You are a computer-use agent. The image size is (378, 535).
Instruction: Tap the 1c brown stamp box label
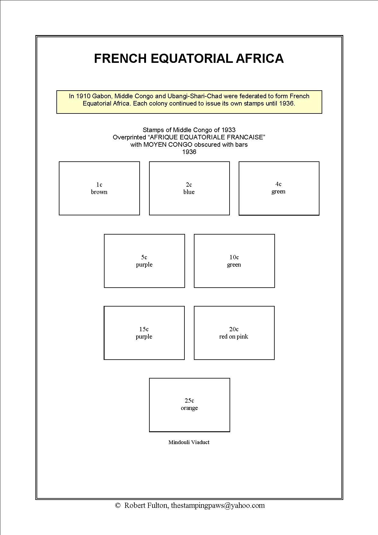pyautogui.click(x=99, y=188)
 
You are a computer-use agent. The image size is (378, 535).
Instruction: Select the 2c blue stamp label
pyautogui.click(x=189, y=188)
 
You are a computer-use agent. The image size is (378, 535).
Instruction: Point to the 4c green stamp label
pyautogui.click(x=278, y=188)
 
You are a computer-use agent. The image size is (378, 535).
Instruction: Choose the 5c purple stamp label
pyautogui.click(x=144, y=261)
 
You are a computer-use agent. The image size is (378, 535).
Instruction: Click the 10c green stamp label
pyautogui.click(x=234, y=261)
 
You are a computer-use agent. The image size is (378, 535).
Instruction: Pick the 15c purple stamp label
pyautogui.click(x=144, y=333)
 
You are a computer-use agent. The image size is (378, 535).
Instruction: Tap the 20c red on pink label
pyautogui.click(x=234, y=333)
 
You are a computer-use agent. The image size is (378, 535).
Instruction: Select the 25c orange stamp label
pyautogui.click(x=189, y=404)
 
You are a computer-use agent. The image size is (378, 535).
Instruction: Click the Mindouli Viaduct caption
pyautogui.click(x=189, y=442)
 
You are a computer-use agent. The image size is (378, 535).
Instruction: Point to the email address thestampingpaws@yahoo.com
pyautogui.click(x=218, y=505)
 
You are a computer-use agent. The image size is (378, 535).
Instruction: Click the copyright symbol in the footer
pyautogui.click(x=118, y=505)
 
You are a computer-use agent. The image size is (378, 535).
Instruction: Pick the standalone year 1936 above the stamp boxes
pyautogui.click(x=189, y=152)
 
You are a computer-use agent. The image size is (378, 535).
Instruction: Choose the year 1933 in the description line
pyautogui.click(x=229, y=130)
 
